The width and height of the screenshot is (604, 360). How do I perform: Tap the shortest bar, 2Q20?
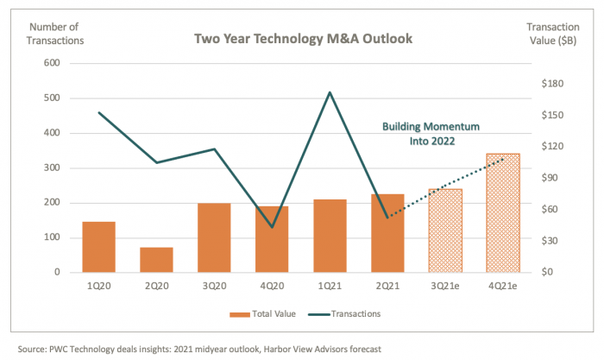tap(156, 260)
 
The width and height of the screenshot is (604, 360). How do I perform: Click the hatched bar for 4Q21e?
tap(503, 213)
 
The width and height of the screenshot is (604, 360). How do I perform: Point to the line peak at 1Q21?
tap(330, 92)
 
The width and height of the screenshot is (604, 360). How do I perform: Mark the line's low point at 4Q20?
tap(272, 227)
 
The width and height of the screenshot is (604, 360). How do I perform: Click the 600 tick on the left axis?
tap(51, 64)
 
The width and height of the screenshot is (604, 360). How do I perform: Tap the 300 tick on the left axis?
tap(51, 168)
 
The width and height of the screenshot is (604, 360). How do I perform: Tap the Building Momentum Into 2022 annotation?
tap(431, 132)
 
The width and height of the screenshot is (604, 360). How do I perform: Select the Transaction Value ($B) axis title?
tap(551, 32)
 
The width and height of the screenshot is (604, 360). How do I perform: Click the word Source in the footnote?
tap(27, 348)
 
